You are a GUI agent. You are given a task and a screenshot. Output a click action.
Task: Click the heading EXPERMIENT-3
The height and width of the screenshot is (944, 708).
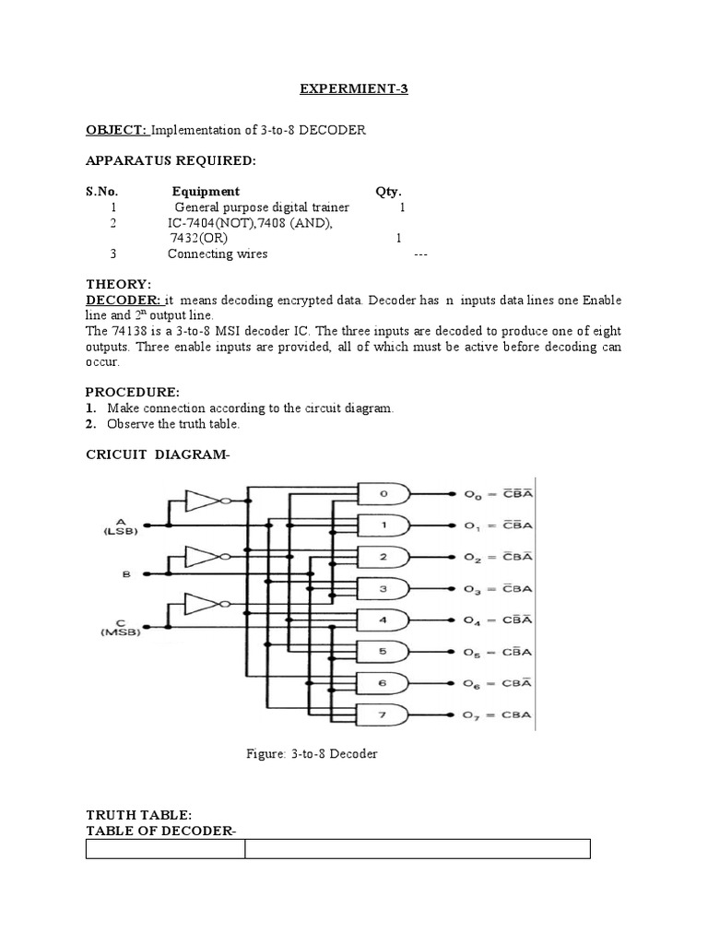tap(354, 89)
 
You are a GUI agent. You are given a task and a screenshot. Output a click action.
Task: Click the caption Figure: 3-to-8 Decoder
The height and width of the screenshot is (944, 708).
tap(312, 753)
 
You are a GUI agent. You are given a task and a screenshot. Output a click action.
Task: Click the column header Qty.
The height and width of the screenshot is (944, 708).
tap(388, 192)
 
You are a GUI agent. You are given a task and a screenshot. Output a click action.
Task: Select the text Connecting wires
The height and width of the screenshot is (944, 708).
tap(218, 254)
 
